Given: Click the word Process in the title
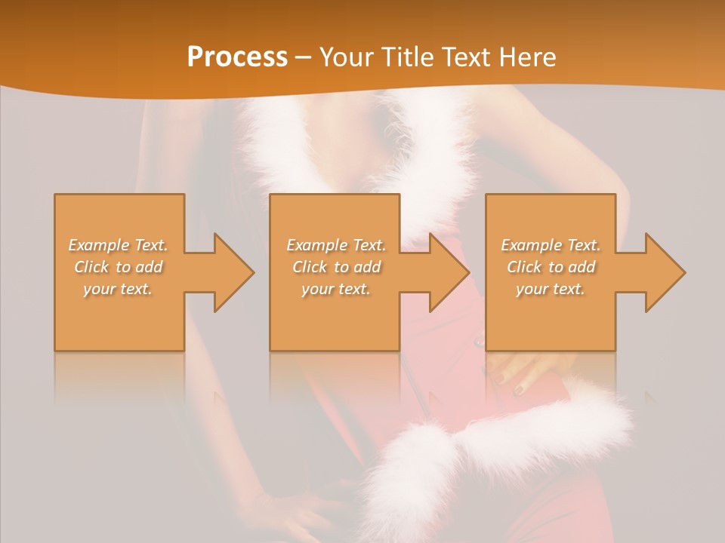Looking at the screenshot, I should click(x=237, y=57).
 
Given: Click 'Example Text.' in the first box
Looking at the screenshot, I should click(x=119, y=245).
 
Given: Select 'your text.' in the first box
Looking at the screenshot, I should click(x=119, y=289).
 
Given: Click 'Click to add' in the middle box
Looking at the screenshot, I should click(x=336, y=267).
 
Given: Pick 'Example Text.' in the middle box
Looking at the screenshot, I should click(x=336, y=245).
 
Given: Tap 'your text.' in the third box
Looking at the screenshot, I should click(x=551, y=289).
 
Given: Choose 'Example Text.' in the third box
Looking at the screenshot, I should click(x=551, y=245).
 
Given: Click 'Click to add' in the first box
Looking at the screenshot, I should click(x=119, y=267).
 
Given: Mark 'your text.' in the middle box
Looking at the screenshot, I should click(x=336, y=289).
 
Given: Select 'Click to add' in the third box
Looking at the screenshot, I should click(x=551, y=267).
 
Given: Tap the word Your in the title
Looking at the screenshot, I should click(x=346, y=57).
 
